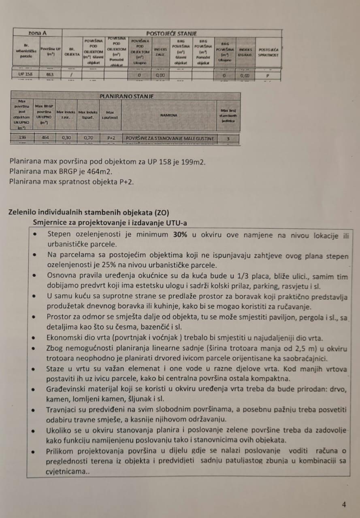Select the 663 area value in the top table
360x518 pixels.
(x=50, y=75)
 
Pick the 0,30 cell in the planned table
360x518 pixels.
(x=66, y=138)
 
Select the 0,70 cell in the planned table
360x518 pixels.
(x=88, y=138)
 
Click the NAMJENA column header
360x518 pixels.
(x=168, y=115)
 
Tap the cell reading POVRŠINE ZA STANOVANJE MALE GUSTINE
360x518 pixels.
(x=169, y=138)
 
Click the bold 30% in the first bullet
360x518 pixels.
(x=180, y=235)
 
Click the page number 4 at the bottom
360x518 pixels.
(x=344, y=505)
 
